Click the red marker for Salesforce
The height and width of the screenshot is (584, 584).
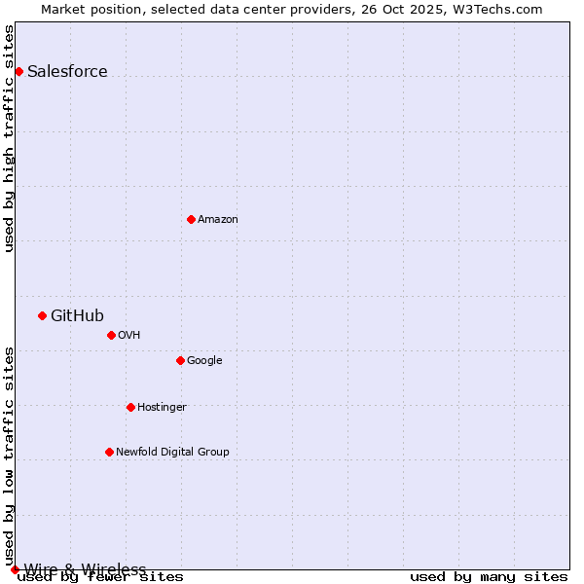pyautogui.click(x=18, y=71)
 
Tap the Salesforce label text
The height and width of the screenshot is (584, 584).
pyautogui.click(x=67, y=72)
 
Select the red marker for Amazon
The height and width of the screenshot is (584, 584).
pyautogui.click(x=191, y=219)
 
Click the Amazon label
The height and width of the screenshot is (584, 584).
pyautogui.click(x=218, y=220)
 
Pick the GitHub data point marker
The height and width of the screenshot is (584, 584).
pyautogui.click(x=42, y=315)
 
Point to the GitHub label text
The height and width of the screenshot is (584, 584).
pyautogui.click(x=77, y=315)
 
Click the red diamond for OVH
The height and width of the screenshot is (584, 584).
pyautogui.click(x=111, y=335)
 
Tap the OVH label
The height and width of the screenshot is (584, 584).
pyautogui.click(x=129, y=336)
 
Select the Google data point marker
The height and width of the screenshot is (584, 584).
pyautogui.click(x=180, y=360)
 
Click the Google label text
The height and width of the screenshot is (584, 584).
pyautogui.click(x=204, y=361)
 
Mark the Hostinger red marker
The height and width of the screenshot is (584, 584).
pyautogui.click(x=130, y=407)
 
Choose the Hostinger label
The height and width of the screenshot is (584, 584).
pyautogui.click(x=162, y=408)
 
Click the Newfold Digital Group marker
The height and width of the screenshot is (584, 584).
pyautogui.click(x=109, y=452)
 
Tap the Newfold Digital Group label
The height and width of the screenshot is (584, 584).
pyautogui.click(x=172, y=453)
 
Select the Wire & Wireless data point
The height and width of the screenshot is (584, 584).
pyautogui.click(x=15, y=569)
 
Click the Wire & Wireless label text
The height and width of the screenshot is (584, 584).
pyautogui.click(x=85, y=569)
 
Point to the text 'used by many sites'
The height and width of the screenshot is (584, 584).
pyautogui.click(x=489, y=577)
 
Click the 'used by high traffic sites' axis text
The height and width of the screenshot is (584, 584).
pyautogui.click(x=10, y=138)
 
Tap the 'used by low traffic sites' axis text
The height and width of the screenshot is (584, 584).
pyautogui.click(x=10, y=449)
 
